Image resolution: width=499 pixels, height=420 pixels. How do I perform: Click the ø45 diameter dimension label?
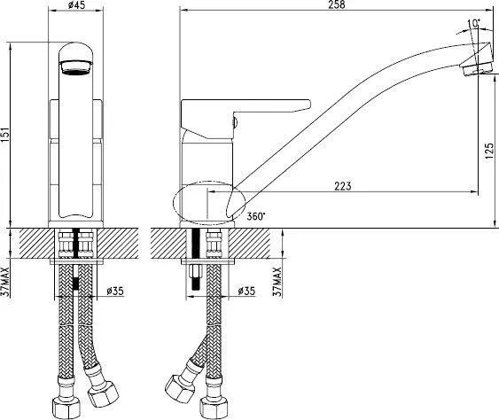click(x=77, y=4)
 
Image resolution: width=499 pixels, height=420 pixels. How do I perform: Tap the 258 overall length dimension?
click(x=338, y=4)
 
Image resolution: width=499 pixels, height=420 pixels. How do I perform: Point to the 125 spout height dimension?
click(x=490, y=152)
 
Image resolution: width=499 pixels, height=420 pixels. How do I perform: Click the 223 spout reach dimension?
click(x=342, y=186)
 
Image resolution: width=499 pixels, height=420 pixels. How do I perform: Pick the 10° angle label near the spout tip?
click(x=474, y=24)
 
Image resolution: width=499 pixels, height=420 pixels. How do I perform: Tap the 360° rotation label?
click(x=256, y=216)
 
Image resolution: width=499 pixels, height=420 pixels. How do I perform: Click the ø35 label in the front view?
click(x=115, y=291)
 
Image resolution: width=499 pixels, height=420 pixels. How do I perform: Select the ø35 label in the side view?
click(x=246, y=291)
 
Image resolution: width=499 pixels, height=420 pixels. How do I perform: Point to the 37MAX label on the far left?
click(x=6, y=283)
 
